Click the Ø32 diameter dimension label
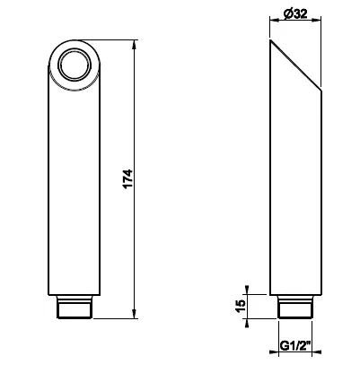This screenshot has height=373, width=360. click(x=295, y=13)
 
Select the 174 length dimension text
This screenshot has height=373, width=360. click(x=127, y=178)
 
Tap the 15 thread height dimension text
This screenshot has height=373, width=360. click(x=241, y=306)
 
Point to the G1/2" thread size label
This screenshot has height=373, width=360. click(x=295, y=346)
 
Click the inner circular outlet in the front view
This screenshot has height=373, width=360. click(x=75, y=65)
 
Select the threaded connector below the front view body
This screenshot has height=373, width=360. click(x=75, y=307)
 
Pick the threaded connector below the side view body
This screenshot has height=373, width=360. click(x=295, y=307)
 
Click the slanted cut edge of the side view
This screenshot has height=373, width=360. click(x=295, y=65)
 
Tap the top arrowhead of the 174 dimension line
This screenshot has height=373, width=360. click(x=134, y=45)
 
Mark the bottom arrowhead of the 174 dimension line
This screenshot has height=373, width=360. click(x=134, y=313)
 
